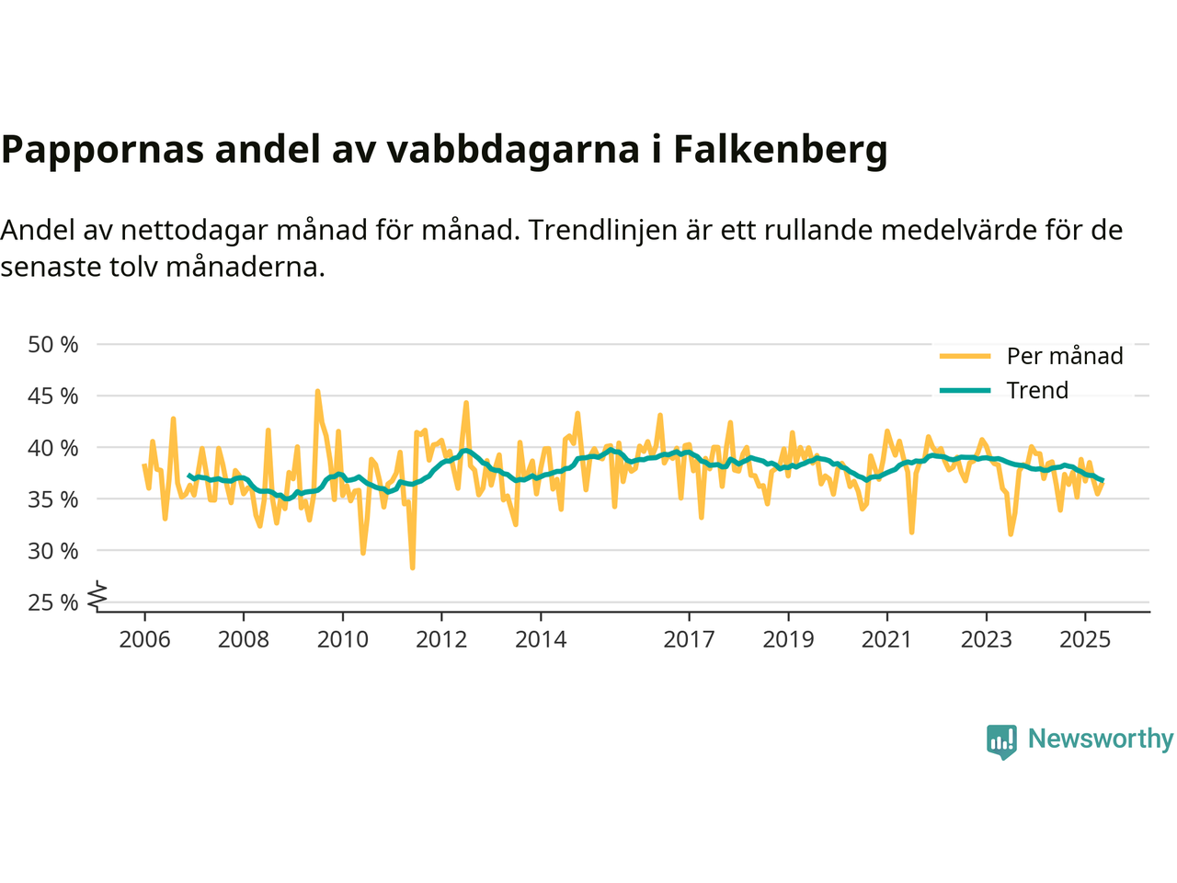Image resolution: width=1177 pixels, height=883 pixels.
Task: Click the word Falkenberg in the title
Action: tap(780, 149)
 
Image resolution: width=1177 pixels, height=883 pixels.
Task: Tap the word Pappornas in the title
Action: tap(102, 149)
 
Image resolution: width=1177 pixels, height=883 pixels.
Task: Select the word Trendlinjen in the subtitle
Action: tap(603, 229)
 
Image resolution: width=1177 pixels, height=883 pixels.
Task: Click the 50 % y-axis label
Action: tap(53, 345)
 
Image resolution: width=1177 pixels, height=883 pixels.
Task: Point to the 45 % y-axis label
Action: tap(53, 396)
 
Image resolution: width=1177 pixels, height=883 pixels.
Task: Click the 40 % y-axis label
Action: tap(53, 448)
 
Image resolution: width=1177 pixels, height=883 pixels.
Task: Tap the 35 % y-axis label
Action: tap(53, 499)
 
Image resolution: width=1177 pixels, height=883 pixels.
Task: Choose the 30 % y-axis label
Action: tap(53, 551)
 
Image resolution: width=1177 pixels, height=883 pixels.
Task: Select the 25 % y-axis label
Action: tap(53, 602)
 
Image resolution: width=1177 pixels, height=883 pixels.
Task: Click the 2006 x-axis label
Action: tap(144, 639)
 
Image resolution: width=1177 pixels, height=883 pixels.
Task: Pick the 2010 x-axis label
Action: tap(342, 639)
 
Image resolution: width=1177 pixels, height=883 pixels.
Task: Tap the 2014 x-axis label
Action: tap(541, 639)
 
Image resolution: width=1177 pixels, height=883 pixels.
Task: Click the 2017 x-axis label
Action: tap(689, 639)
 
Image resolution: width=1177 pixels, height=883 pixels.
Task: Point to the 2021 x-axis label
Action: tap(886, 639)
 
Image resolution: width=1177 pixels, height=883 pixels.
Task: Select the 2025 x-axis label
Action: tap(1085, 639)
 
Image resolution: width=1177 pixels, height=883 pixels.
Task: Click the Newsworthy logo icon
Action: tap(1001, 740)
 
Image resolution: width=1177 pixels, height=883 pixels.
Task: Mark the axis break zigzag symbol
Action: tap(97, 597)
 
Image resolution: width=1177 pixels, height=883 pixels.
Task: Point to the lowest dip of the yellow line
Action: tap(412, 568)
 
